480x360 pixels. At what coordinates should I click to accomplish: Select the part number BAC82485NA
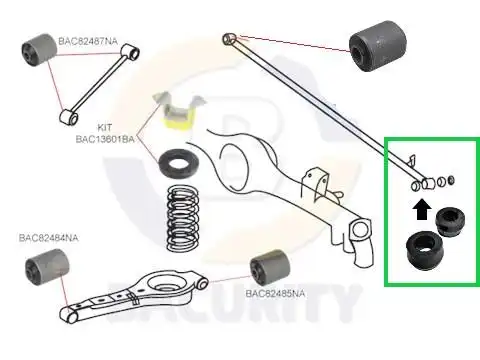266,294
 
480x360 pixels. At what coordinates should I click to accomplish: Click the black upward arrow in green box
422,208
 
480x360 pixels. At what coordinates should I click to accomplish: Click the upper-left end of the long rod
232,39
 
